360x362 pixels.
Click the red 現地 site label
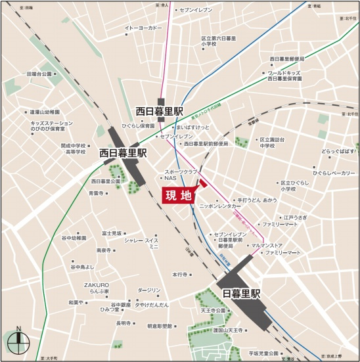coord(179,194)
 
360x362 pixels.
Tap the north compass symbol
coord(19,340)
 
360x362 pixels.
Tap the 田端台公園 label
coord(39,74)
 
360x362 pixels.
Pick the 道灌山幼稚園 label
coord(45,112)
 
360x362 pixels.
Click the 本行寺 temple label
coord(181,274)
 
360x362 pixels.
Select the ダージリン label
coord(149,290)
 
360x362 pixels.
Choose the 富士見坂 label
coord(112,233)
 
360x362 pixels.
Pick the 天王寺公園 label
coord(213,310)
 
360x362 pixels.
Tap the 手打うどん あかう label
coord(257,198)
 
